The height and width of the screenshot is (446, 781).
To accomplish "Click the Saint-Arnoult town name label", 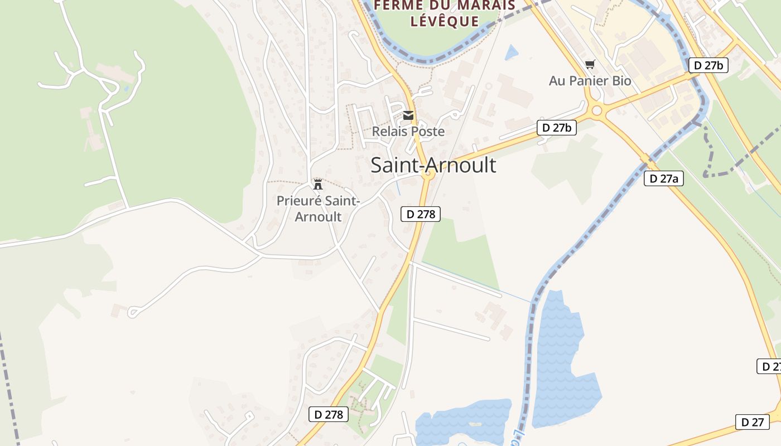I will click(433, 165).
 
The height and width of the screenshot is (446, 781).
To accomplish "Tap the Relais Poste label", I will click(408, 132).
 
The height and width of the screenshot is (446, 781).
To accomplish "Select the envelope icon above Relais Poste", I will click(408, 115).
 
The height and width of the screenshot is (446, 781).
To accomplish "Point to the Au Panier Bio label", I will click(590, 81).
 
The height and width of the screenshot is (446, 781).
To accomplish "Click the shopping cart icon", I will click(590, 64).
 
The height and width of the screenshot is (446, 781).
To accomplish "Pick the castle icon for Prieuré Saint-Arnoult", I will click(318, 184).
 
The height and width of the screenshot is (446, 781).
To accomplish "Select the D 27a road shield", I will click(663, 178).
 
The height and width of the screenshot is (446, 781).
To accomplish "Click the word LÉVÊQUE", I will click(444, 21).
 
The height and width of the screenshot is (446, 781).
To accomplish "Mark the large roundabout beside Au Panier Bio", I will click(597, 110).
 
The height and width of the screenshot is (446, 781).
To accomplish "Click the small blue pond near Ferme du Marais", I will click(511, 52).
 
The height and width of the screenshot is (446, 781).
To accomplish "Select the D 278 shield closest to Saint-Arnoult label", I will click(421, 214).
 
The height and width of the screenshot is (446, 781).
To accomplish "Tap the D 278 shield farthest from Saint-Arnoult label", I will click(329, 414).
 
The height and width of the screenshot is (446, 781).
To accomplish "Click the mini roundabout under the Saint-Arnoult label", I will click(428, 175).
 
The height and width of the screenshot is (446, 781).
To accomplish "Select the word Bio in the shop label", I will click(621, 81).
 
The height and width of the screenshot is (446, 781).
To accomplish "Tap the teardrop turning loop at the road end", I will click(133, 312).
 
